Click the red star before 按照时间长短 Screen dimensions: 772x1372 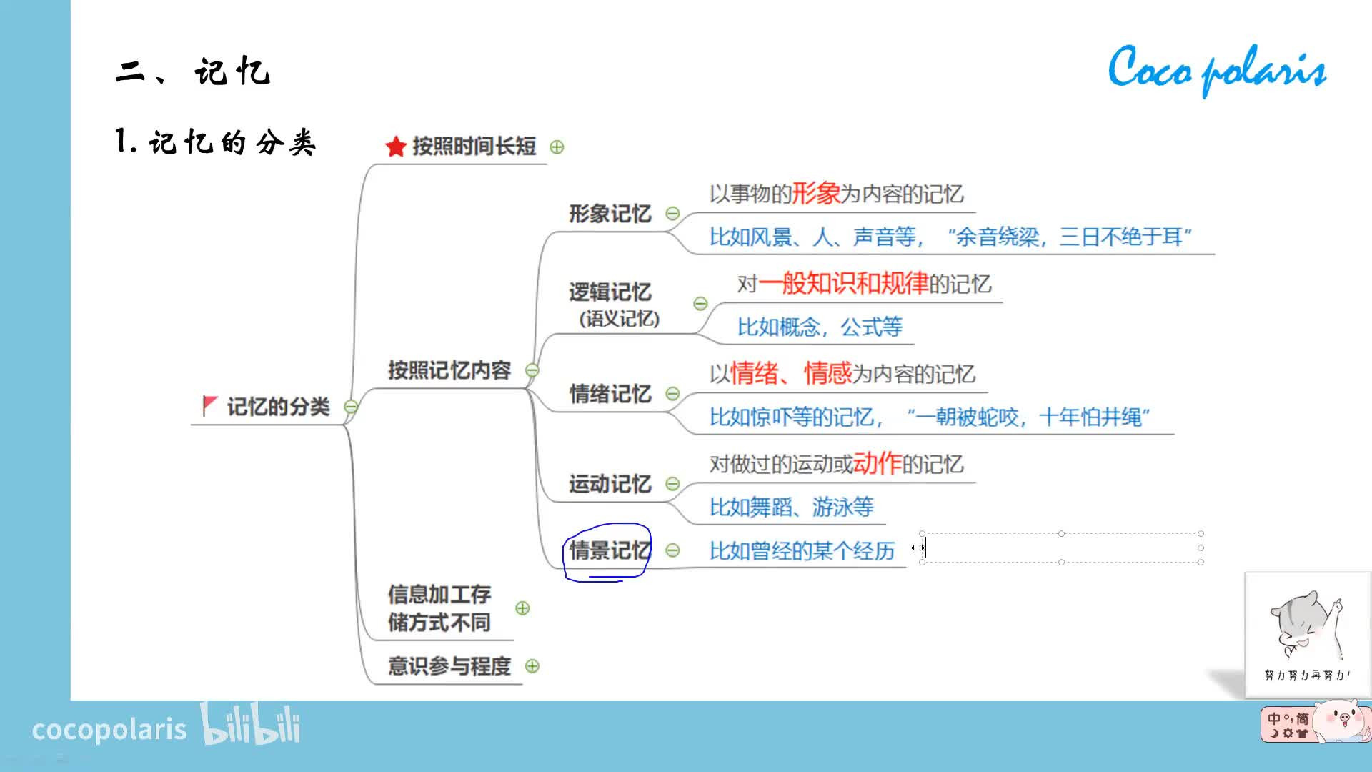click(395, 147)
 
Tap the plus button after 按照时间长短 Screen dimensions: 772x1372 click(557, 147)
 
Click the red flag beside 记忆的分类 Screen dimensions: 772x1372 click(209, 405)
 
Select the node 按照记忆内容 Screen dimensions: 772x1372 click(449, 370)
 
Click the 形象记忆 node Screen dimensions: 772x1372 click(610, 214)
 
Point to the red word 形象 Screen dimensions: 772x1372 click(815, 194)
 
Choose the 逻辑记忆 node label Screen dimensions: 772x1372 click(610, 292)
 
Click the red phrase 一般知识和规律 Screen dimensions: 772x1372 click(843, 284)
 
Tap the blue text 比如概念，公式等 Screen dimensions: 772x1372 click(820, 327)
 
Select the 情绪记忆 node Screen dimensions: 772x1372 click(610, 394)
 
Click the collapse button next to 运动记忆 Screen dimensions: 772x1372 click(672, 484)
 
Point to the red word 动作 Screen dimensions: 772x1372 click(877, 464)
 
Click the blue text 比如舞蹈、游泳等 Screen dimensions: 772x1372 click(791, 508)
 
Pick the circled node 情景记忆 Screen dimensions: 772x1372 click(610, 550)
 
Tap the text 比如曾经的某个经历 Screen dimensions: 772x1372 click(802, 551)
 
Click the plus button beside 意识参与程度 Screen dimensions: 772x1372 click(532, 666)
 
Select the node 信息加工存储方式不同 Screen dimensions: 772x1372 click(439, 608)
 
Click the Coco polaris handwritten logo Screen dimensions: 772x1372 click(1217, 70)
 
